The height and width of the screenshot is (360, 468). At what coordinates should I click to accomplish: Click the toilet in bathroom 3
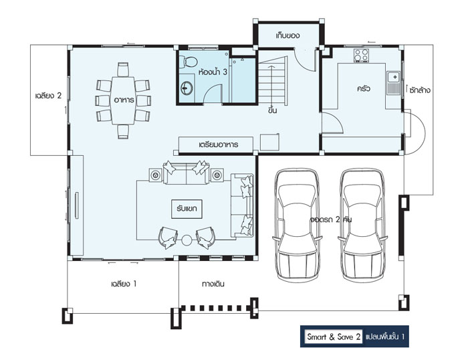click(189, 61)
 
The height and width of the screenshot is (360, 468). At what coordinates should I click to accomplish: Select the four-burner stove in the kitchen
click(362, 56)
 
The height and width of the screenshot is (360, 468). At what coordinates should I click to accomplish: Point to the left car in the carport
click(297, 226)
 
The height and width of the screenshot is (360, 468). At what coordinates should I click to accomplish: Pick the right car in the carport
click(362, 226)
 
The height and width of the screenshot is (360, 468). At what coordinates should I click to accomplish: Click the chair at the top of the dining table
click(123, 70)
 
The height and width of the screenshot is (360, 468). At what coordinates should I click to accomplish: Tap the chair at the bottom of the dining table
click(123, 132)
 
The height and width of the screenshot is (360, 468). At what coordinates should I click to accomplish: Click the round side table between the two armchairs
click(187, 240)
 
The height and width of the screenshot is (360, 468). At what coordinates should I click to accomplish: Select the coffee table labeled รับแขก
click(187, 209)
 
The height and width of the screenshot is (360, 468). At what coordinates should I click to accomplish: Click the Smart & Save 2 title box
click(334, 337)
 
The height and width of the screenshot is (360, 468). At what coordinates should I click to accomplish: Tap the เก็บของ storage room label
click(287, 35)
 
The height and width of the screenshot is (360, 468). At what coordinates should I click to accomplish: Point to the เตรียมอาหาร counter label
click(218, 145)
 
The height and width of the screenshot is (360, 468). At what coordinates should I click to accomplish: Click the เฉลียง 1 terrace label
click(124, 284)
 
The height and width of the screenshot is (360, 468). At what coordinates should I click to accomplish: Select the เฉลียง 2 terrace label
click(48, 96)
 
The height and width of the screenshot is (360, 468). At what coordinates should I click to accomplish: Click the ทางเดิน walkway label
click(213, 284)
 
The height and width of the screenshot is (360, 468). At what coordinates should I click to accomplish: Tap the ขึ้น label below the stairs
click(272, 110)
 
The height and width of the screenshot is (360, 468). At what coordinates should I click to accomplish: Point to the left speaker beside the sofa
click(156, 175)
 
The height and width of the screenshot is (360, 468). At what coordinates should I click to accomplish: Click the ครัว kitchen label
click(364, 89)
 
